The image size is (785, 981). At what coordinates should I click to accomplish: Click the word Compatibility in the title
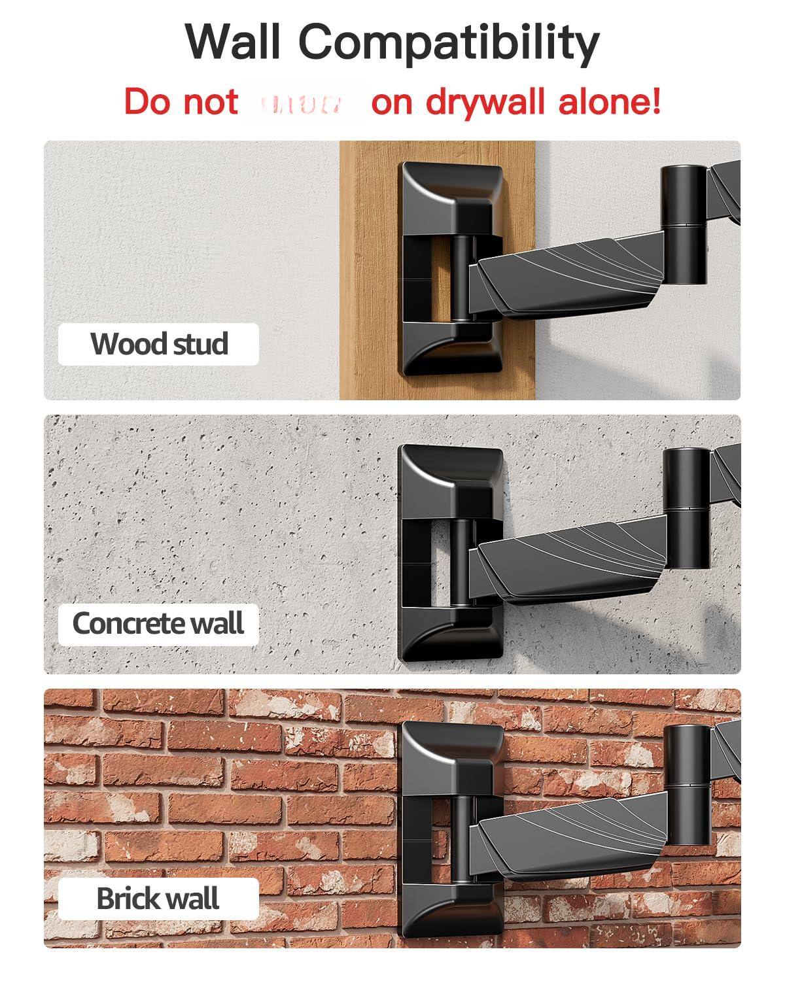click(x=449, y=43)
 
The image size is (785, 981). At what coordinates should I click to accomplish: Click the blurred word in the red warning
click(x=305, y=103)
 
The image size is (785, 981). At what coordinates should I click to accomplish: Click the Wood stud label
click(x=159, y=344)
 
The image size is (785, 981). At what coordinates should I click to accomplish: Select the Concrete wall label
click(x=158, y=623)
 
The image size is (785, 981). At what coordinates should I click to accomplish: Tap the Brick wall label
click(x=158, y=898)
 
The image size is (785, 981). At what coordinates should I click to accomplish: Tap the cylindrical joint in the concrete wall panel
click(x=686, y=508)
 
